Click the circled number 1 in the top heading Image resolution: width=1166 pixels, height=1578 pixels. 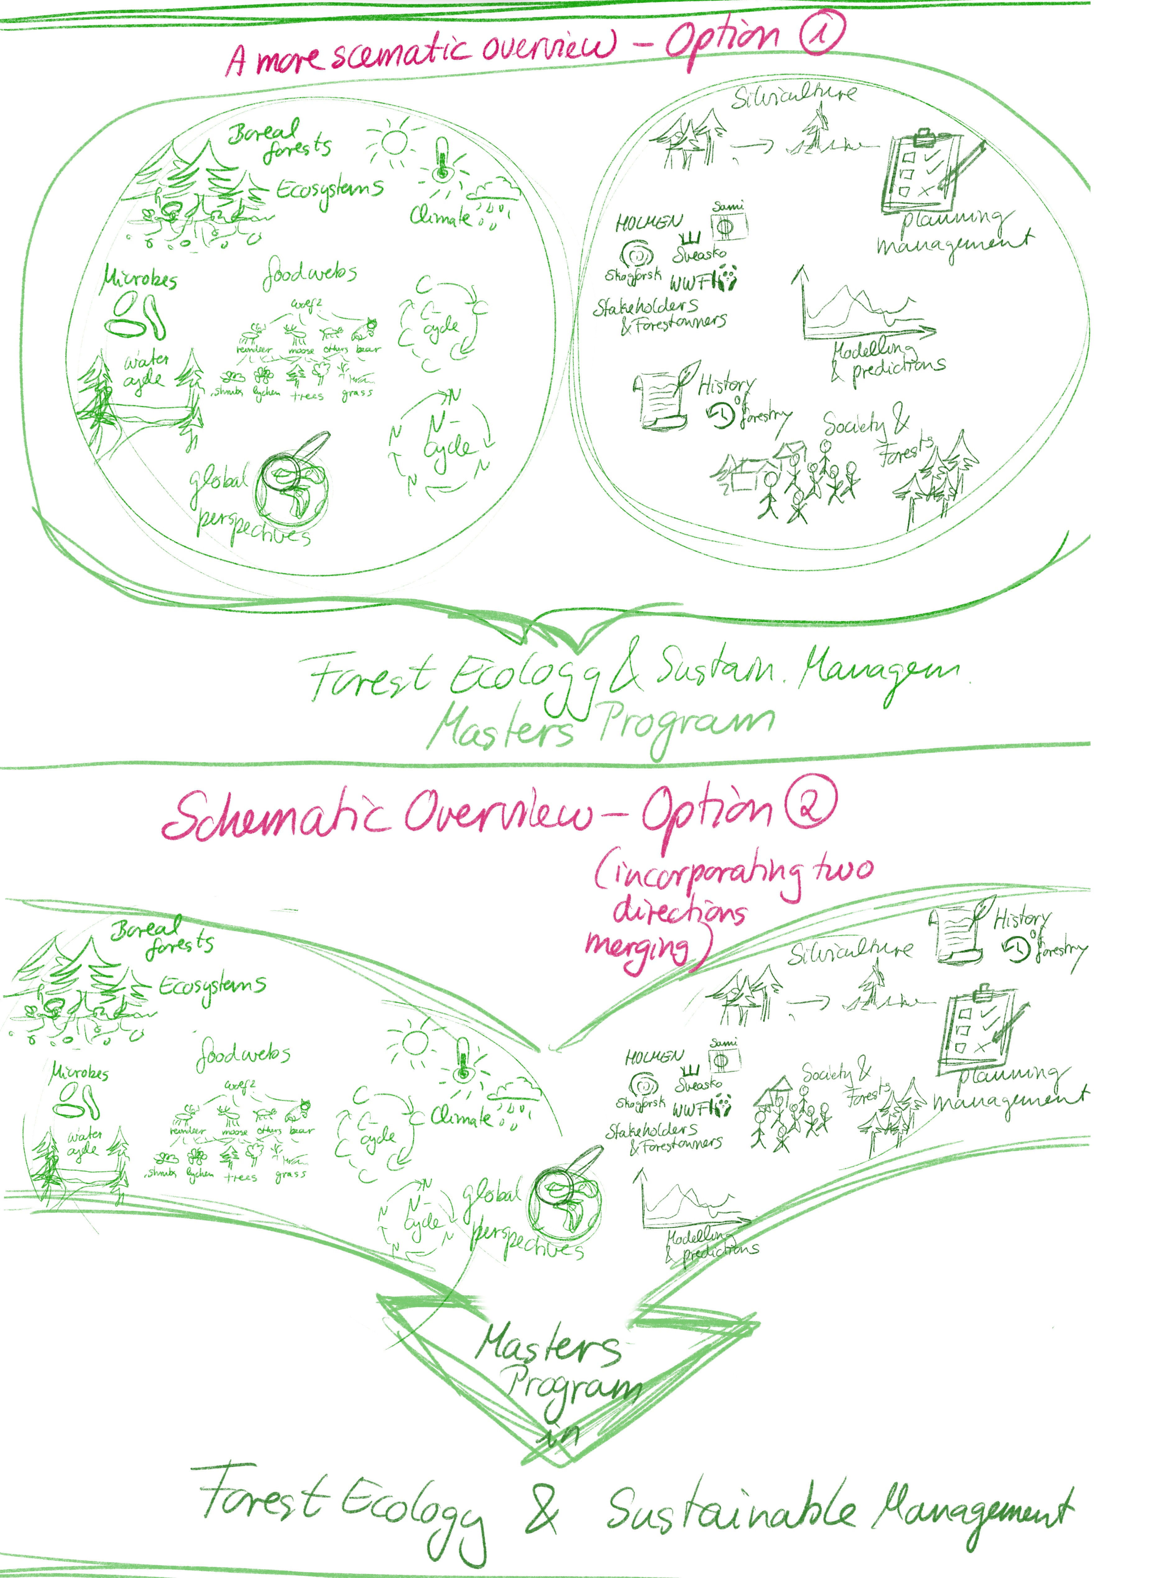pos(821,33)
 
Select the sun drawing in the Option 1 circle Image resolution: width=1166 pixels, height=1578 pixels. pos(393,140)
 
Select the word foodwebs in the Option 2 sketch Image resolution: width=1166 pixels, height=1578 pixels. pos(243,1053)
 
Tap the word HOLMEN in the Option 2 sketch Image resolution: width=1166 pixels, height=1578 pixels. pos(654,1056)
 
